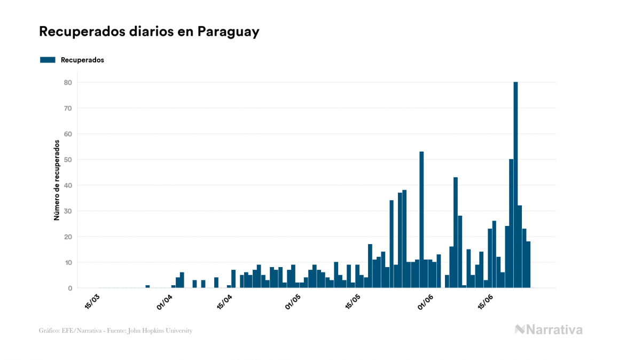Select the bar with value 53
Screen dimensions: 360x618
[421, 220]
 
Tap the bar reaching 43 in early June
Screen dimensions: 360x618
[456, 232]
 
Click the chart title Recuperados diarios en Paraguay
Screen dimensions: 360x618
[149, 32]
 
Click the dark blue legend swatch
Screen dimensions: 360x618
[48, 60]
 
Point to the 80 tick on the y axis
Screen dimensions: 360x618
[68, 82]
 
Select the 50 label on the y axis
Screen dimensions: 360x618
[68, 160]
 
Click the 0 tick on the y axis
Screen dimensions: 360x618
[70, 288]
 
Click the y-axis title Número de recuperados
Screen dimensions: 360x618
[56, 180]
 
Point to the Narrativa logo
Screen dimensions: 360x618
[549, 330]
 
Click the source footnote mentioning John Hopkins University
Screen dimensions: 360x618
[115, 331]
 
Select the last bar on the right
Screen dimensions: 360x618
[528, 265]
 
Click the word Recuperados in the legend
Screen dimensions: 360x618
[82, 60]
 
